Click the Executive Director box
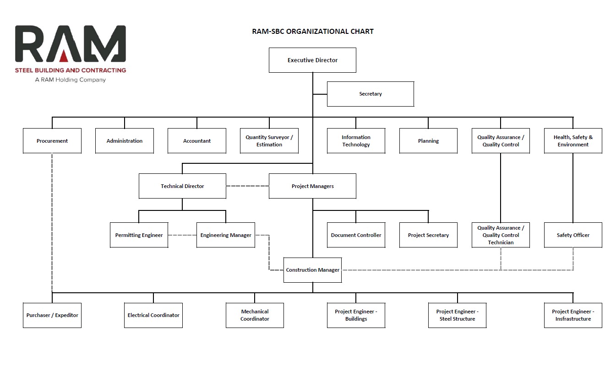tap(312, 60)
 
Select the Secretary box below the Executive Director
tap(371, 94)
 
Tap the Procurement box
tap(52, 140)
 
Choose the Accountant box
tap(197, 140)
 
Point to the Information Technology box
tap(356, 140)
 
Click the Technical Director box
tap(182, 186)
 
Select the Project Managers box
tap(312, 186)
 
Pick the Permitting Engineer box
tap(139, 235)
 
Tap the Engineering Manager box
tap(226, 235)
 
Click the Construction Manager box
tap(313, 270)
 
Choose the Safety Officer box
tap(573, 235)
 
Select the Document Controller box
tap(356, 235)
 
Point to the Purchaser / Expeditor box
tap(52, 315)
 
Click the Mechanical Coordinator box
tap(255, 315)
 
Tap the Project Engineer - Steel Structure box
tap(458, 315)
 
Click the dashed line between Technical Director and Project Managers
tap(247, 186)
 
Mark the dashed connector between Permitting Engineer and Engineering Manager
tap(182, 235)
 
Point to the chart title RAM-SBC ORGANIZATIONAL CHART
tap(313, 31)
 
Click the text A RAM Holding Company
tap(71, 80)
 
